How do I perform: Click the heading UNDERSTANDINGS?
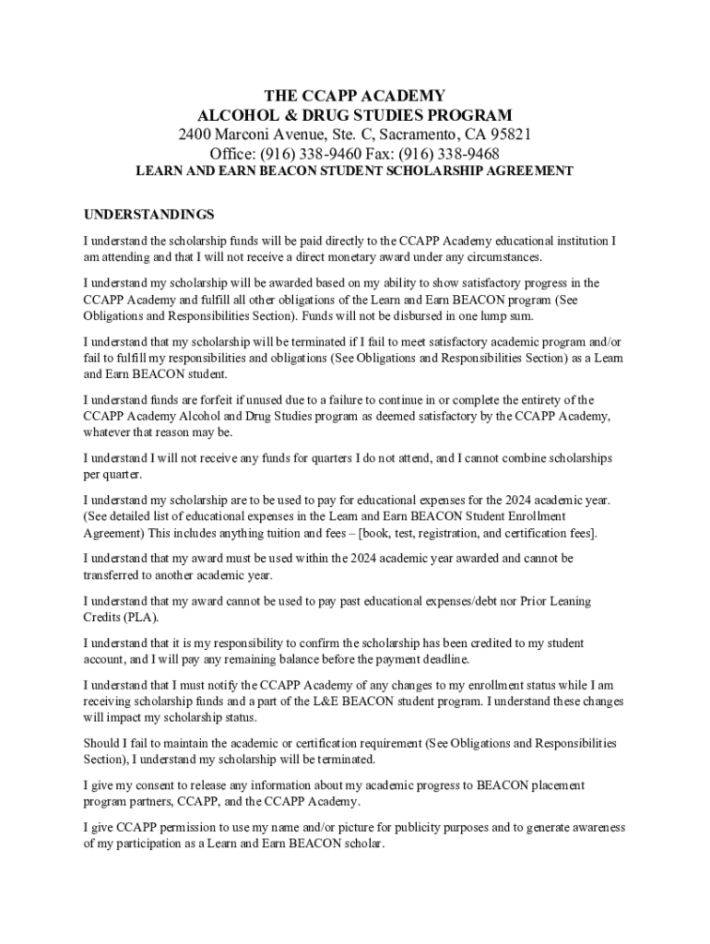148,215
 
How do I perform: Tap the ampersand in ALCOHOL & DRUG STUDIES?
310,115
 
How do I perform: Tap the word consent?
148,785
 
